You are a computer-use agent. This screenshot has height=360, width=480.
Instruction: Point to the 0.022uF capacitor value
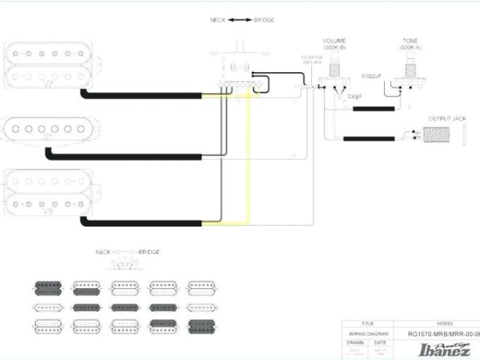click(370, 76)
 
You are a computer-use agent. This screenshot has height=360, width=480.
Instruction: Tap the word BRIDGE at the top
click(265, 19)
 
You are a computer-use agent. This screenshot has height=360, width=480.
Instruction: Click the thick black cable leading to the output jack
click(371, 139)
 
